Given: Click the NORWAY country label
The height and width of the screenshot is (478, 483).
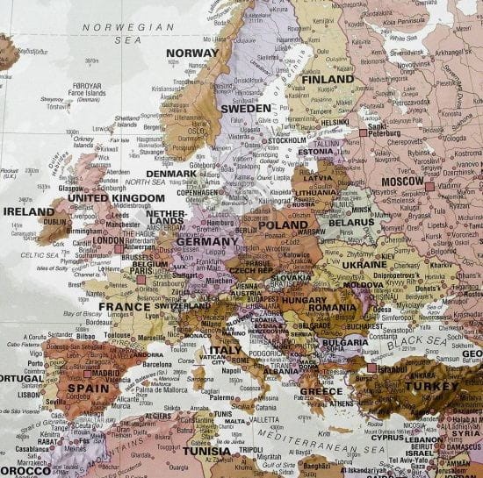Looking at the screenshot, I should [191, 53].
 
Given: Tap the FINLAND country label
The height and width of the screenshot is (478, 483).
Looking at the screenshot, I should [328, 79].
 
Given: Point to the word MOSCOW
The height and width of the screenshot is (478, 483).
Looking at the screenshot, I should [402, 181].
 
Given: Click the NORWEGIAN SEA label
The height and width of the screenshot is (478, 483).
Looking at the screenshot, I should [128, 27].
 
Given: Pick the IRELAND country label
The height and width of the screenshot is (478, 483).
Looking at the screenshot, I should [29, 211].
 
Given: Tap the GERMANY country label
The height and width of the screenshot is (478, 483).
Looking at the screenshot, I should [207, 241].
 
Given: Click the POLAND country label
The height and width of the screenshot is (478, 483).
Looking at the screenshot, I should [283, 225].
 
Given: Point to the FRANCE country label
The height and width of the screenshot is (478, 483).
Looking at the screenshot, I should [125, 307].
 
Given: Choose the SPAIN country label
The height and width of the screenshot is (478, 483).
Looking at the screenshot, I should [88, 388].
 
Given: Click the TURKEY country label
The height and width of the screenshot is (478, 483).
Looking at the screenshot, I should [431, 386].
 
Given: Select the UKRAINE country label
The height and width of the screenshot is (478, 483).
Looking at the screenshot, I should [364, 264].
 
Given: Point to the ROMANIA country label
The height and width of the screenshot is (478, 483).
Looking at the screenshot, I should [332, 307].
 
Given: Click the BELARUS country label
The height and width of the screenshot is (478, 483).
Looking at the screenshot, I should [351, 223].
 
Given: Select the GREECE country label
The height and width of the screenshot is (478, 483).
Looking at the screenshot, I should [321, 391].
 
